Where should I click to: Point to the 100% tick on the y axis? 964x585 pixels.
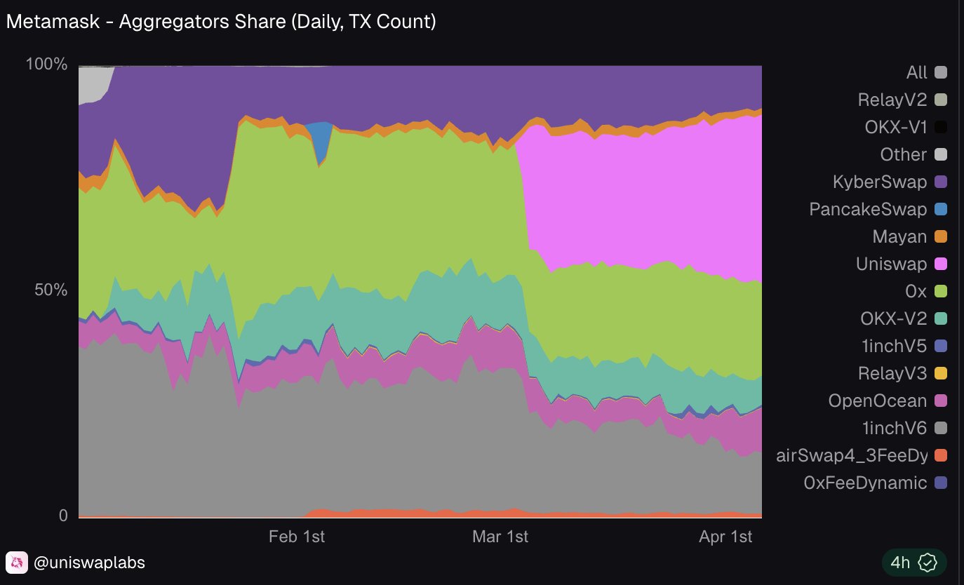click(x=46, y=65)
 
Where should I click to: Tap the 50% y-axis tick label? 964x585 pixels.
click(x=51, y=290)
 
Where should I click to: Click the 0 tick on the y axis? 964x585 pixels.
click(x=62, y=516)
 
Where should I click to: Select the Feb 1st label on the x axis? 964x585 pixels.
click(x=297, y=537)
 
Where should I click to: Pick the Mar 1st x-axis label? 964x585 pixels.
click(x=500, y=537)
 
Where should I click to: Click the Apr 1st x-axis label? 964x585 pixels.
click(x=725, y=537)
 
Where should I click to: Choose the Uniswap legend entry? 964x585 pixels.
click(x=891, y=264)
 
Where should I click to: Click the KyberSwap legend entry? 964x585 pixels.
click(x=879, y=182)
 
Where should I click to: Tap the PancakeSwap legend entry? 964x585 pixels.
click(x=868, y=209)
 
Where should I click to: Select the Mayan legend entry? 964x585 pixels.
click(x=899, y=236)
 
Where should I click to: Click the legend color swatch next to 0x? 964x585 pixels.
click(x=941, y=291)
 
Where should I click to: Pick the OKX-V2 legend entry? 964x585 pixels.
click(x=893, y=318)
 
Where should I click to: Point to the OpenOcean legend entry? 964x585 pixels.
click(x=878, y=401)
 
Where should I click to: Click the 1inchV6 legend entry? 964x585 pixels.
click(x=893, y=428)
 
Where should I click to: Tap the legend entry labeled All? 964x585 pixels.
click(x=916, y=72)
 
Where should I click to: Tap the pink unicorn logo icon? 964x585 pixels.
click(x=16, y=563)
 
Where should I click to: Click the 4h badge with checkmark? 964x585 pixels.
click(x=914, y=563)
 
